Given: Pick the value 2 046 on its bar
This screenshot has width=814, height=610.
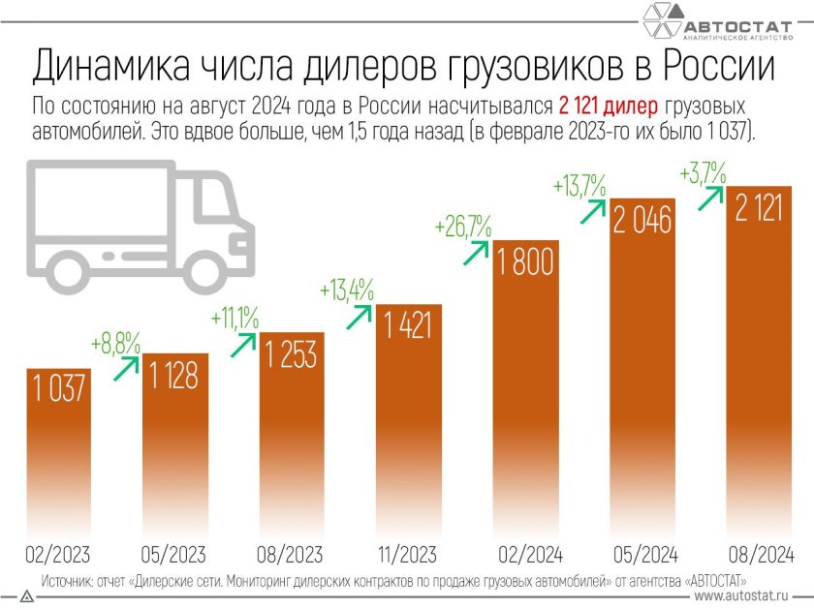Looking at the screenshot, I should (642, 221).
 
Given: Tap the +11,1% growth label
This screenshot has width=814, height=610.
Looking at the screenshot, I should (234, 318).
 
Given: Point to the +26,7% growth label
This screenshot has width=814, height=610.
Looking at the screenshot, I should (463, 229).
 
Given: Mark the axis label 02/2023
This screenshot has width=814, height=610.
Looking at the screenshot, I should (58, 555).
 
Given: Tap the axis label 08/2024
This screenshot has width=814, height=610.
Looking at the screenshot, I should (760, 555).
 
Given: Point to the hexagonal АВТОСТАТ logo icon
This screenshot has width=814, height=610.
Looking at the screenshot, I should (661, 21).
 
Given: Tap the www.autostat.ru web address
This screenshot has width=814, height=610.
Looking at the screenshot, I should (747, 598).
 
